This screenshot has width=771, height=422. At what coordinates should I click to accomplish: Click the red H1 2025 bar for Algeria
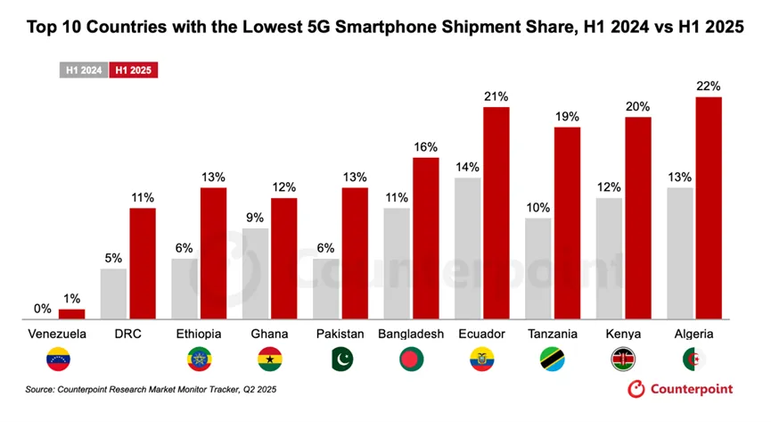[708, 207]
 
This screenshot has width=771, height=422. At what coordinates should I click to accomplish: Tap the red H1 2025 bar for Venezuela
[71, 313]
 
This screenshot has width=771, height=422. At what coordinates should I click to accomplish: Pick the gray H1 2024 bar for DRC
[113, 294]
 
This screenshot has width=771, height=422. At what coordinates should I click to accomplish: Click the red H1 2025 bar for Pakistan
[355, 253]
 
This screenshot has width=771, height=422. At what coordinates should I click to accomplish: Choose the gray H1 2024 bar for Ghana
[255, 273]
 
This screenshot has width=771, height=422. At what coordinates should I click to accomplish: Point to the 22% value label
[708, 86]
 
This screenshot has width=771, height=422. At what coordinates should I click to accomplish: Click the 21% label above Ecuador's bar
[496, 96]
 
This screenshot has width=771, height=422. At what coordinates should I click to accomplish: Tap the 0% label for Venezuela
[43, 309]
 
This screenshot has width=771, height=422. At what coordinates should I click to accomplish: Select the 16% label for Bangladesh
[425, 146]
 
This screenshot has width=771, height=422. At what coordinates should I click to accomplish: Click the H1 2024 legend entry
[83, 69]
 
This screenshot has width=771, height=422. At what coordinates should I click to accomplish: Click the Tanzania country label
[553, 334]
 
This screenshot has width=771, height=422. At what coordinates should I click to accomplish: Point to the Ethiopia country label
[200, 334]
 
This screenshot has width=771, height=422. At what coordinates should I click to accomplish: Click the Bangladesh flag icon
[412, 360]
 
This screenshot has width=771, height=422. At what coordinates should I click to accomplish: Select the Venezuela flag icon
[59, 360]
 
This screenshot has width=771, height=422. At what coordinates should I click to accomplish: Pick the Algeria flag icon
[694, 360]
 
